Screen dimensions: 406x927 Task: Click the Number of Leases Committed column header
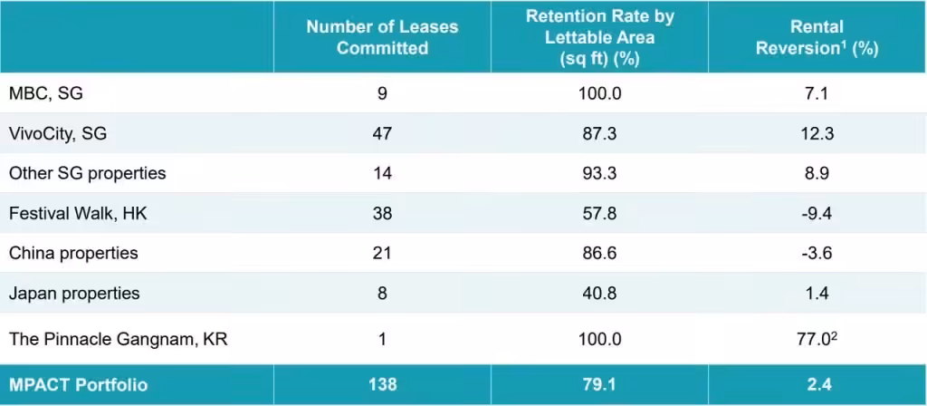pos(382,37)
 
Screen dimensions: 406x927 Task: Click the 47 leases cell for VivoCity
pos(382,133)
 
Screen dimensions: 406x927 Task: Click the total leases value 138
pos(382,384)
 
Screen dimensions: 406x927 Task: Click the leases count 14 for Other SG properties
pos(382,173)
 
